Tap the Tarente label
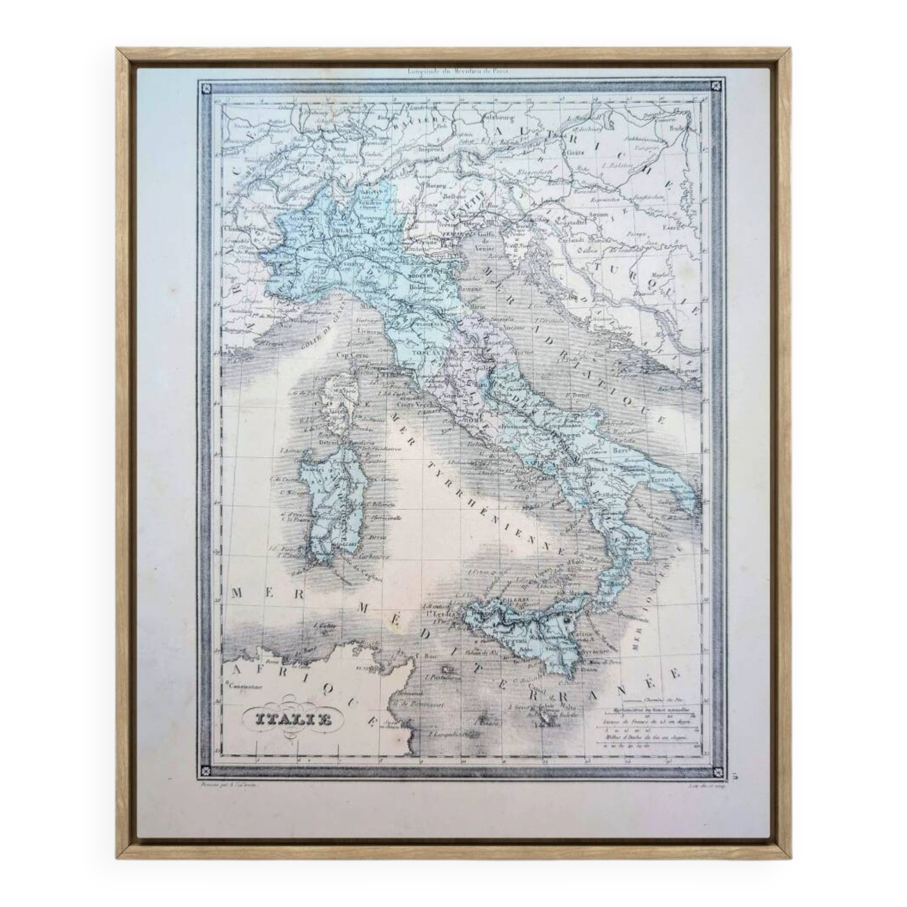[662, 479]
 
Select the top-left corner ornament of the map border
[205, 88]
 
